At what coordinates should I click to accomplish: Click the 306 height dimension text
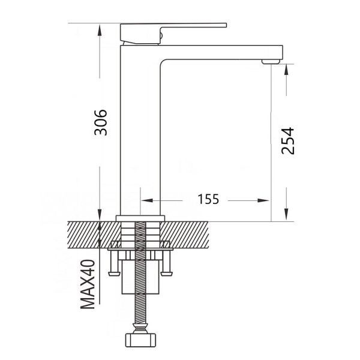pyautogui.click(x=101, y=122)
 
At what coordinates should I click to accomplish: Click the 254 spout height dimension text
pyautogui.click(x=287, y=141)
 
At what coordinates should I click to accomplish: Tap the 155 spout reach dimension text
pyautogui.click(x=208, y=199)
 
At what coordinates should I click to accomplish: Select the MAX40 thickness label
pyautogui.click(x=88, y=284)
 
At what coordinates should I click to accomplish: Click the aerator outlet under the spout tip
pyautogui.click(x=271, y=62)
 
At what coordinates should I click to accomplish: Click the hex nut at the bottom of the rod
pyautogui.click(x=140, y=340)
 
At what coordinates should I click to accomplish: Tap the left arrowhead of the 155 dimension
pyautogui.click(x=147, y=200)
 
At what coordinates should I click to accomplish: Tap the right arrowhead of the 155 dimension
pyautogui.click(x=263, y=200)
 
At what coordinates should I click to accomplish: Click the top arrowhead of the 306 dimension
pyautogui.click(x=100, y=31)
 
